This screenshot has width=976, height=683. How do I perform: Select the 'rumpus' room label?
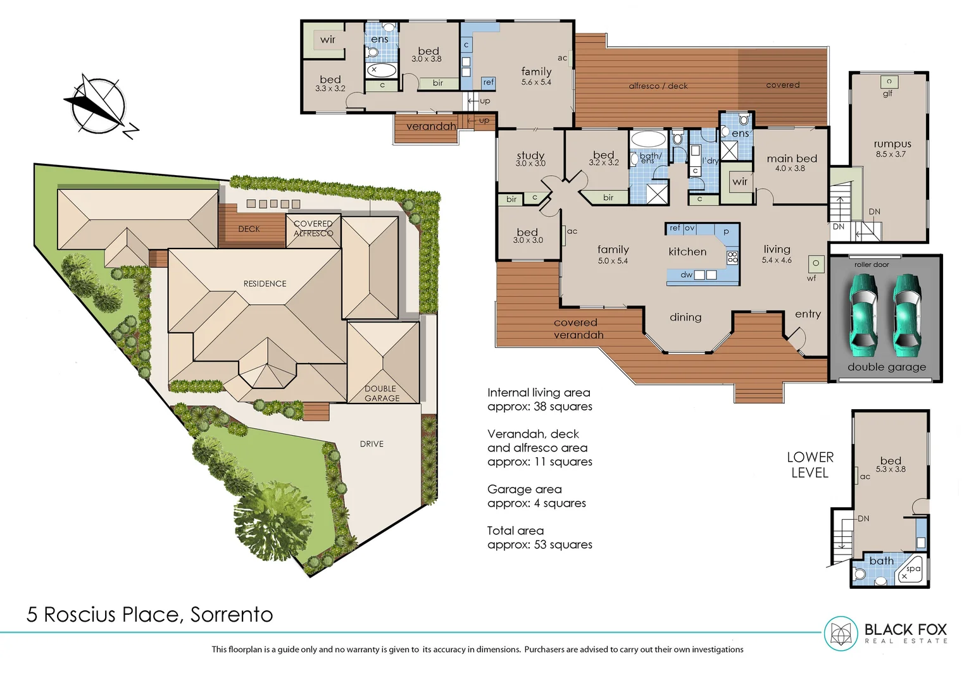(x=892, y=144)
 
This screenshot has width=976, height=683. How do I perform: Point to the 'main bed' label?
(x=791, y=159)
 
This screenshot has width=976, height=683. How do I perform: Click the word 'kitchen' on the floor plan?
(x=687, y=252)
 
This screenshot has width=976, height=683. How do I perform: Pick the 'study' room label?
(x=530, y=156)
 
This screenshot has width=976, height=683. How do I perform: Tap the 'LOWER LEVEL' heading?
(x=810, y=465)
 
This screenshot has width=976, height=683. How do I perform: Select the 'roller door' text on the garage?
(x=872, y=264)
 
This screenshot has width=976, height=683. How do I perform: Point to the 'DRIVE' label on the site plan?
(x=372, y=444)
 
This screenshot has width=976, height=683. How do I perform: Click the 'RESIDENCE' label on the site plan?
(x=265, y=284)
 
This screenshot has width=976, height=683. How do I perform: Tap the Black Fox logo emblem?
(x=841, y=633)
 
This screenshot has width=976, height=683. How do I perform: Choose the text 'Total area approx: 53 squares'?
(x=539, y=538)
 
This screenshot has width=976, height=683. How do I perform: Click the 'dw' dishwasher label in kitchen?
(x=687, y=275)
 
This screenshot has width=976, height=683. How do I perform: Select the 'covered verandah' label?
(x=578, y=329)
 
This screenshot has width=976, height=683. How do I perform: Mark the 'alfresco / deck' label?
(x=658, y=86)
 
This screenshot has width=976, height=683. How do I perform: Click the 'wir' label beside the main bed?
(x=740, y=182)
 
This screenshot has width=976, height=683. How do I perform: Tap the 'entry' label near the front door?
(x=808, y=314)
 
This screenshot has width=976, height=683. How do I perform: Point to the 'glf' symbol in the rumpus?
(x=888, y=94)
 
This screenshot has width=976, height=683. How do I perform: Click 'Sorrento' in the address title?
(x=232, y=615)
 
